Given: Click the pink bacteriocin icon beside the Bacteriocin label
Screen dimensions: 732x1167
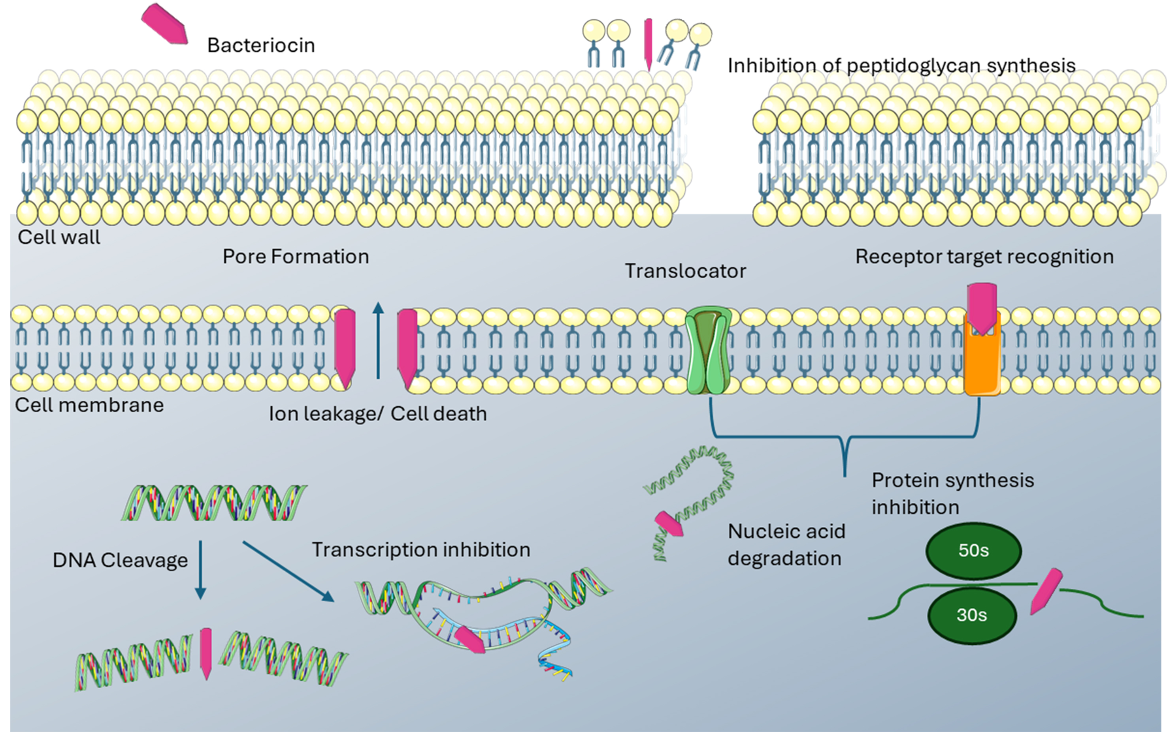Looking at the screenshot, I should click(165, 24).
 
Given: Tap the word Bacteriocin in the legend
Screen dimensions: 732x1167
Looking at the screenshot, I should click(261, 45).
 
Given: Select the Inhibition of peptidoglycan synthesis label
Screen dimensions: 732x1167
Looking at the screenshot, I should click(901, 66).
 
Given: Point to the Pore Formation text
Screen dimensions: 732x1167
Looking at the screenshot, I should click(296, 257).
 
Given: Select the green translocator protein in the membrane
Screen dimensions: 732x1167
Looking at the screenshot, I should click(708, 349).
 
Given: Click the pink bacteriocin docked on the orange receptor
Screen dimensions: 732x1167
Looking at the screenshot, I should click(982, 308).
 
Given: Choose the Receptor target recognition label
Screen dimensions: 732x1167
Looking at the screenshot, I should click(984, 257).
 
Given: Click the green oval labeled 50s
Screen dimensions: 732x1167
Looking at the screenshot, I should click(974, 551).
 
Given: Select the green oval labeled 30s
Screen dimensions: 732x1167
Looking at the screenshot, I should click(972, 615).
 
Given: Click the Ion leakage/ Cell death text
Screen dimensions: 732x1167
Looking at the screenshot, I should click(378, 414).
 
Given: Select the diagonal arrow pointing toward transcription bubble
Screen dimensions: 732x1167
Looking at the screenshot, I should click(288, 571).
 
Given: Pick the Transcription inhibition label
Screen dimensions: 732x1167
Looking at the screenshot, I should click(421, 550).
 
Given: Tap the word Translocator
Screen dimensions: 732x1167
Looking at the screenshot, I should click(685, 271).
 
